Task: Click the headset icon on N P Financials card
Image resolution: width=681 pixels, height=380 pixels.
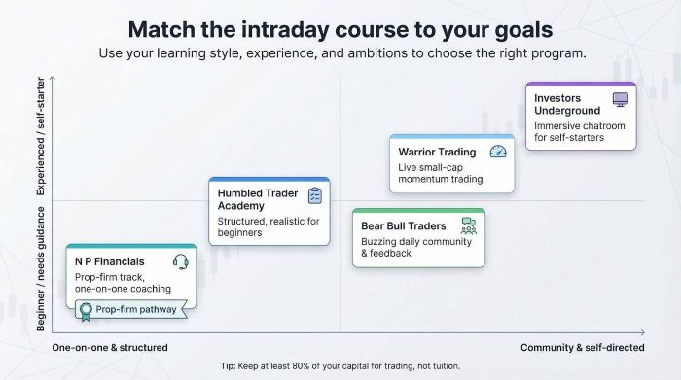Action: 180,261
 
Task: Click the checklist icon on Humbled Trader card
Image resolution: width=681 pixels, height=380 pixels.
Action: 314,195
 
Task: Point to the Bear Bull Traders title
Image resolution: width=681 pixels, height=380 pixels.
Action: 404,226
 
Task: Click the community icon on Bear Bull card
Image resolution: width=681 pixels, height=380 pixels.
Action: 469,225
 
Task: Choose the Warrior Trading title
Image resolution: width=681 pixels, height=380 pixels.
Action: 437,152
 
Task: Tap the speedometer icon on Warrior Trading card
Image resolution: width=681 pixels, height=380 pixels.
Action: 498,152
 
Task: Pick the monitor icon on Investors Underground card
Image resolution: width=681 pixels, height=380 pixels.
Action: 620,99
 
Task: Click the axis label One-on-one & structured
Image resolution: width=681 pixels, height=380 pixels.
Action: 110,347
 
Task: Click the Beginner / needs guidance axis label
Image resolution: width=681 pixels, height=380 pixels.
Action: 41,268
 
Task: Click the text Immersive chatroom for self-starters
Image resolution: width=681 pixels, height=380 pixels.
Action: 580,131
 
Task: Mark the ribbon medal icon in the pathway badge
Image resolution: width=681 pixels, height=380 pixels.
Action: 86,311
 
